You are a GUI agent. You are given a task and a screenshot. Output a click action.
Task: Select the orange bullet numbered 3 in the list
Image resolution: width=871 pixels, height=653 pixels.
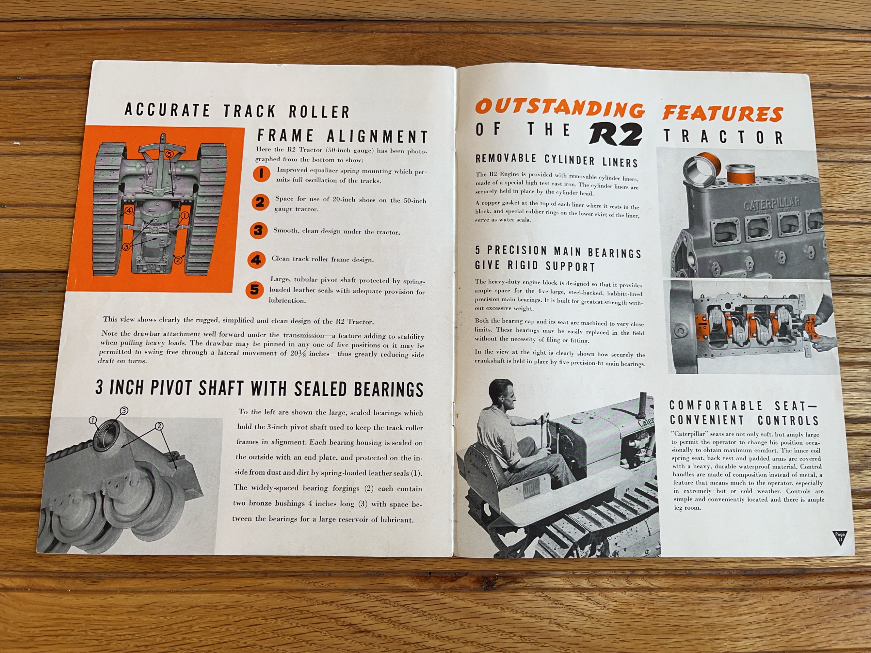click(258, 230)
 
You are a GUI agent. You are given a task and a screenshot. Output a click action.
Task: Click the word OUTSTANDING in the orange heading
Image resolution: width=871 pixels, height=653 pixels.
click(559, 108)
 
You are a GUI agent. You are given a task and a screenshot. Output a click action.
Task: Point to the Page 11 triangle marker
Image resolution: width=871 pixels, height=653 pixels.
click(839, 536)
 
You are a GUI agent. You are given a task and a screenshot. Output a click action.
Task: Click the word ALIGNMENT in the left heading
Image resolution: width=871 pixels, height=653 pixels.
click(377, 136)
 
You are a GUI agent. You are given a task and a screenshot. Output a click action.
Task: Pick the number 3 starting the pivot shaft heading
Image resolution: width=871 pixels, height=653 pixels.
click(99, 387)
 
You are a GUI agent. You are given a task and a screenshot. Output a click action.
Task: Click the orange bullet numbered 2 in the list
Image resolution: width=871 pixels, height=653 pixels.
click(260, 202)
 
